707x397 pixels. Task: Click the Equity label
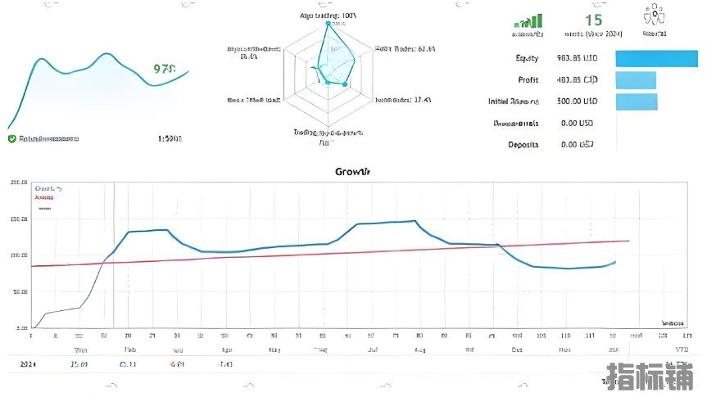[527, 58]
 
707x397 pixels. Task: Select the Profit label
[528, 80]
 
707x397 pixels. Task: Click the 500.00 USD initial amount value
[577, 102]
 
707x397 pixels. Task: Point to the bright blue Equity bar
[655, 58]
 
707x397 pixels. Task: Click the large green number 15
[593, 20]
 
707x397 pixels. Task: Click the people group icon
[654, 17]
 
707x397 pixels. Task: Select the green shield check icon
[11, 139]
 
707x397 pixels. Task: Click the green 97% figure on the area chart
[165, 70]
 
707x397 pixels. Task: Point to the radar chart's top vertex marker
[329, 23]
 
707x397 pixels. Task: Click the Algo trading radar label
[328, 16]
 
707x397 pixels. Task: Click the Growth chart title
[352, 172]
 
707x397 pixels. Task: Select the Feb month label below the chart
[129, 350]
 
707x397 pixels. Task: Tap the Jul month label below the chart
[371, 350]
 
